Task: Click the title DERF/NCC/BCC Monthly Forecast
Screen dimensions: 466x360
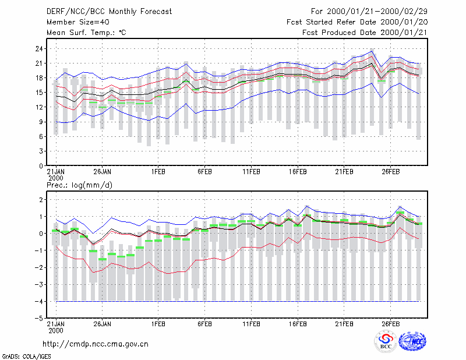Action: (109, 12)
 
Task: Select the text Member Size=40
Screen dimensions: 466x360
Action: (78, 22)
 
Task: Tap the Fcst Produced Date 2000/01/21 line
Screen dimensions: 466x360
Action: (365, 33)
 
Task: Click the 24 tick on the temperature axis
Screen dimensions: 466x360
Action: (39, 49)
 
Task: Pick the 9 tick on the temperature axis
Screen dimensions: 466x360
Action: (41, 122)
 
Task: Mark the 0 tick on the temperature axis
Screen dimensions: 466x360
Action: (41, 166)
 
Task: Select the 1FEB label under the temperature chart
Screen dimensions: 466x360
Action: (158, 172)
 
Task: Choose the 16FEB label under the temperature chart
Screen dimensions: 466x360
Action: (298, 172)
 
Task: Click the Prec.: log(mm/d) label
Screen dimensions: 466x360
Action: (79, 185)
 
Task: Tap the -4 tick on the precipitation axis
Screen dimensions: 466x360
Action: (39, 301)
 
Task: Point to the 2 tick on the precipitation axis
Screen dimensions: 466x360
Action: (41, 200)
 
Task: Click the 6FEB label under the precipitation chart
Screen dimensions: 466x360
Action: (205, 324)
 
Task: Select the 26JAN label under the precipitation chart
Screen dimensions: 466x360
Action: (103, 324)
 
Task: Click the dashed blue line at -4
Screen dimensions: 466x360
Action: (238, 301)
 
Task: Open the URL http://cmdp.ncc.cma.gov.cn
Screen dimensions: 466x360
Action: (96, 344)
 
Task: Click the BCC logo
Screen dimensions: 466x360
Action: (386, 341)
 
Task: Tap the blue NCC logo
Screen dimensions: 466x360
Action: (412, 341)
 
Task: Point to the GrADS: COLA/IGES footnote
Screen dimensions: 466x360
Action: (26, 357)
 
